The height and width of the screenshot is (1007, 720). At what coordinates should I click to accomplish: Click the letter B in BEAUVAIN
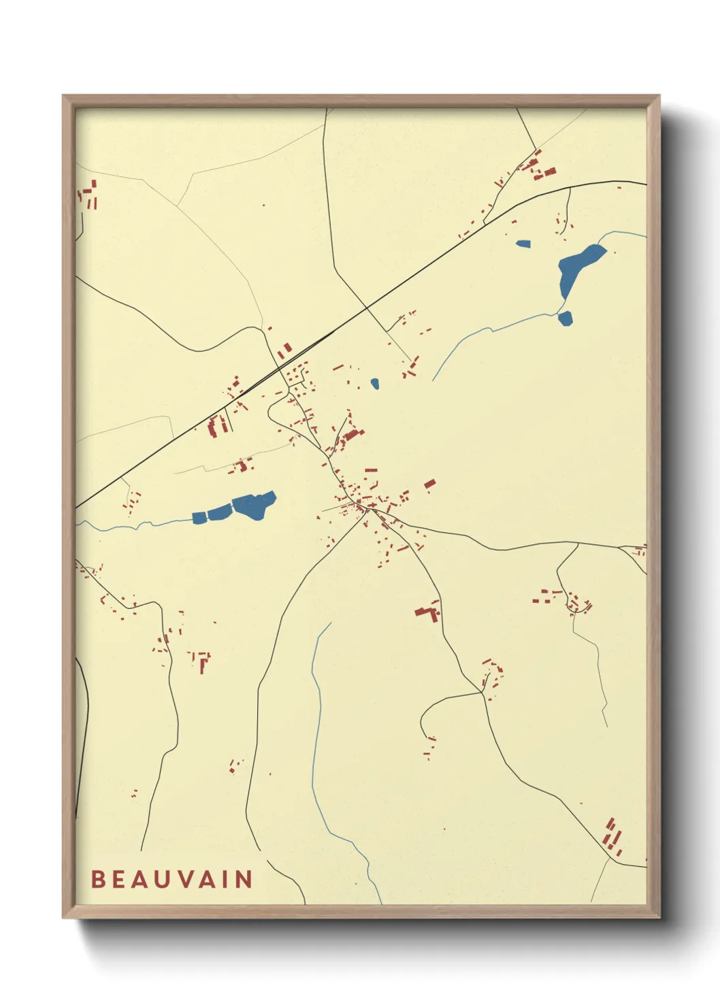97,879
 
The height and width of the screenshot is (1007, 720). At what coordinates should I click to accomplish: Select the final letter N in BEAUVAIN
244,879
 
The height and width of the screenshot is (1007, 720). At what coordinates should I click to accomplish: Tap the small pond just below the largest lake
565,317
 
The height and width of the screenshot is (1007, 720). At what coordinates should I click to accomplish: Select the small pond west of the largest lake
523,244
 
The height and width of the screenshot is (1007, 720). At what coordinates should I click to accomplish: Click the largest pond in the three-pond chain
255,505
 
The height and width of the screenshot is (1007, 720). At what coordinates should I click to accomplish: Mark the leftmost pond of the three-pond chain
199,518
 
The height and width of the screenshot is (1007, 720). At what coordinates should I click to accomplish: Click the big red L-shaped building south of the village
428,612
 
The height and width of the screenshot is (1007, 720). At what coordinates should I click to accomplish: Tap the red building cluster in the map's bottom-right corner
613,838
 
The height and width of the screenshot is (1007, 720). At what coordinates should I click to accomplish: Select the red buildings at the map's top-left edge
88,193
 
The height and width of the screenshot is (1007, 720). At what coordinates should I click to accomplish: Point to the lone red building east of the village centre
429,484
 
